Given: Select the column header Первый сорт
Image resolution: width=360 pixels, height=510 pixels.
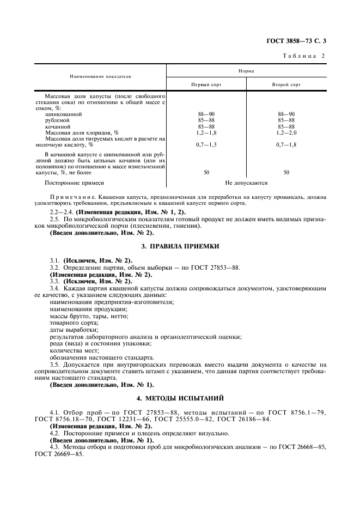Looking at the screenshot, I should (205, 85).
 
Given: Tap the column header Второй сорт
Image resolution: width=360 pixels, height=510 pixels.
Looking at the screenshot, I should (286, 85).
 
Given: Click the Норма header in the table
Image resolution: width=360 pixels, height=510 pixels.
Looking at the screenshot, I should (246, 70).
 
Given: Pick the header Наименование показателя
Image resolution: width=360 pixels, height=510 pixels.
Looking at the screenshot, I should (100, 77).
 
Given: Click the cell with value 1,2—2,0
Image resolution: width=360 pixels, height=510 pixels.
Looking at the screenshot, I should (286, 132).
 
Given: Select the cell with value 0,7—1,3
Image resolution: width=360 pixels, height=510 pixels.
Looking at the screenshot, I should (205, 144).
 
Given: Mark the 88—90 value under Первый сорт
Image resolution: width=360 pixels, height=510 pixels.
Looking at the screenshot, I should (205, 114).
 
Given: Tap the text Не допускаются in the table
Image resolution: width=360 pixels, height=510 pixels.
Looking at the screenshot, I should (246, 183).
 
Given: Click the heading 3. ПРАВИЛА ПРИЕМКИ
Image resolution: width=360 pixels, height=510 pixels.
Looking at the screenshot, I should (180, 246).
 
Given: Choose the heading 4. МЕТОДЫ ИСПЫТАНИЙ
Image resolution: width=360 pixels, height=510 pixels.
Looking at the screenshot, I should (180, 399).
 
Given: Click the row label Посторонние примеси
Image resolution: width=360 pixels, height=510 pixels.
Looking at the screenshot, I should (74, 183).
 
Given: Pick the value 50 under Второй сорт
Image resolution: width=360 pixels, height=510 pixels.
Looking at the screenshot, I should (286, 172).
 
